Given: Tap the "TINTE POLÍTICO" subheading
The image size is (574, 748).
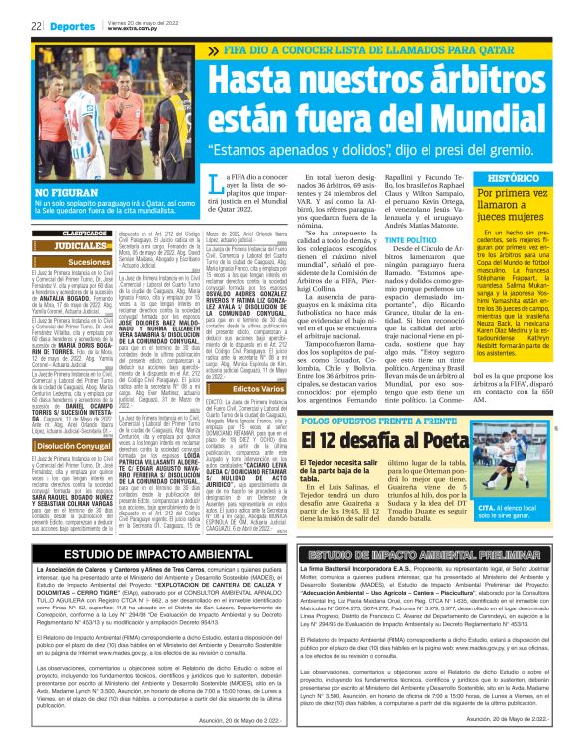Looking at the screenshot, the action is [409, 240].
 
